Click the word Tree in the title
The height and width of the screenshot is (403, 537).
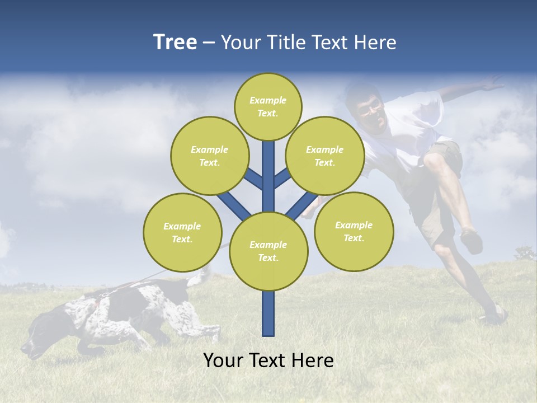click(x=175, y=42)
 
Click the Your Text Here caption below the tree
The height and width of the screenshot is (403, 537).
click(x=268, y=360)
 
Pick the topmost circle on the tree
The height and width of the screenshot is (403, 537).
click(x=268, y=106)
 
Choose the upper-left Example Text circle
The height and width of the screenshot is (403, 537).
click(x=209, y=156)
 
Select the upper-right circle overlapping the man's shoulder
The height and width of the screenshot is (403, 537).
click(x=325, y=156)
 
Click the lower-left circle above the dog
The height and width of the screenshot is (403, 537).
click(x=182, y=232)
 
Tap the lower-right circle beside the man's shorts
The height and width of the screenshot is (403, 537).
click(x=354, y=231)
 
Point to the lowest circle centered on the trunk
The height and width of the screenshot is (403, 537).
click(x=268, y=251)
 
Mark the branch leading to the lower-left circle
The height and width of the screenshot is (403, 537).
click(x=234, y=205)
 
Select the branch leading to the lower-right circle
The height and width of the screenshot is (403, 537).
click(x=302, y=205)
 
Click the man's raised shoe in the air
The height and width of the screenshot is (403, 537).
click(x=472, y=241)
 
